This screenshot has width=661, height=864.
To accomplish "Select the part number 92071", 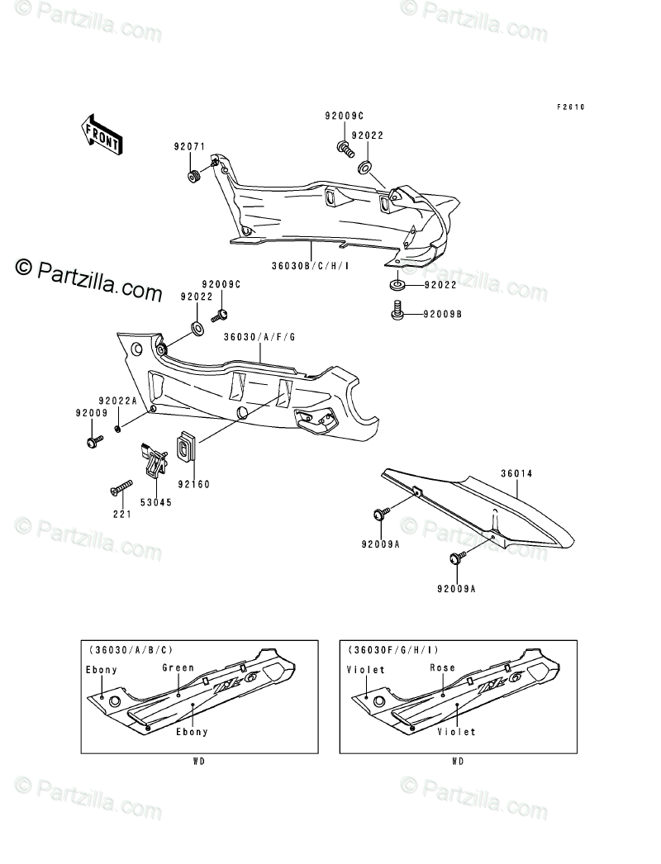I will click(188, 147).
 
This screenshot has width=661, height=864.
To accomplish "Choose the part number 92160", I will click(193, 485).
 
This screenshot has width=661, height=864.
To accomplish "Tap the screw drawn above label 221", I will click(121, 488).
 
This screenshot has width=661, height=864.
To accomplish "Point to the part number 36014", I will click(516, 473).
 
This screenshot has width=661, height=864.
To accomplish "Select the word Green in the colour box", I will click(178, 667).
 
